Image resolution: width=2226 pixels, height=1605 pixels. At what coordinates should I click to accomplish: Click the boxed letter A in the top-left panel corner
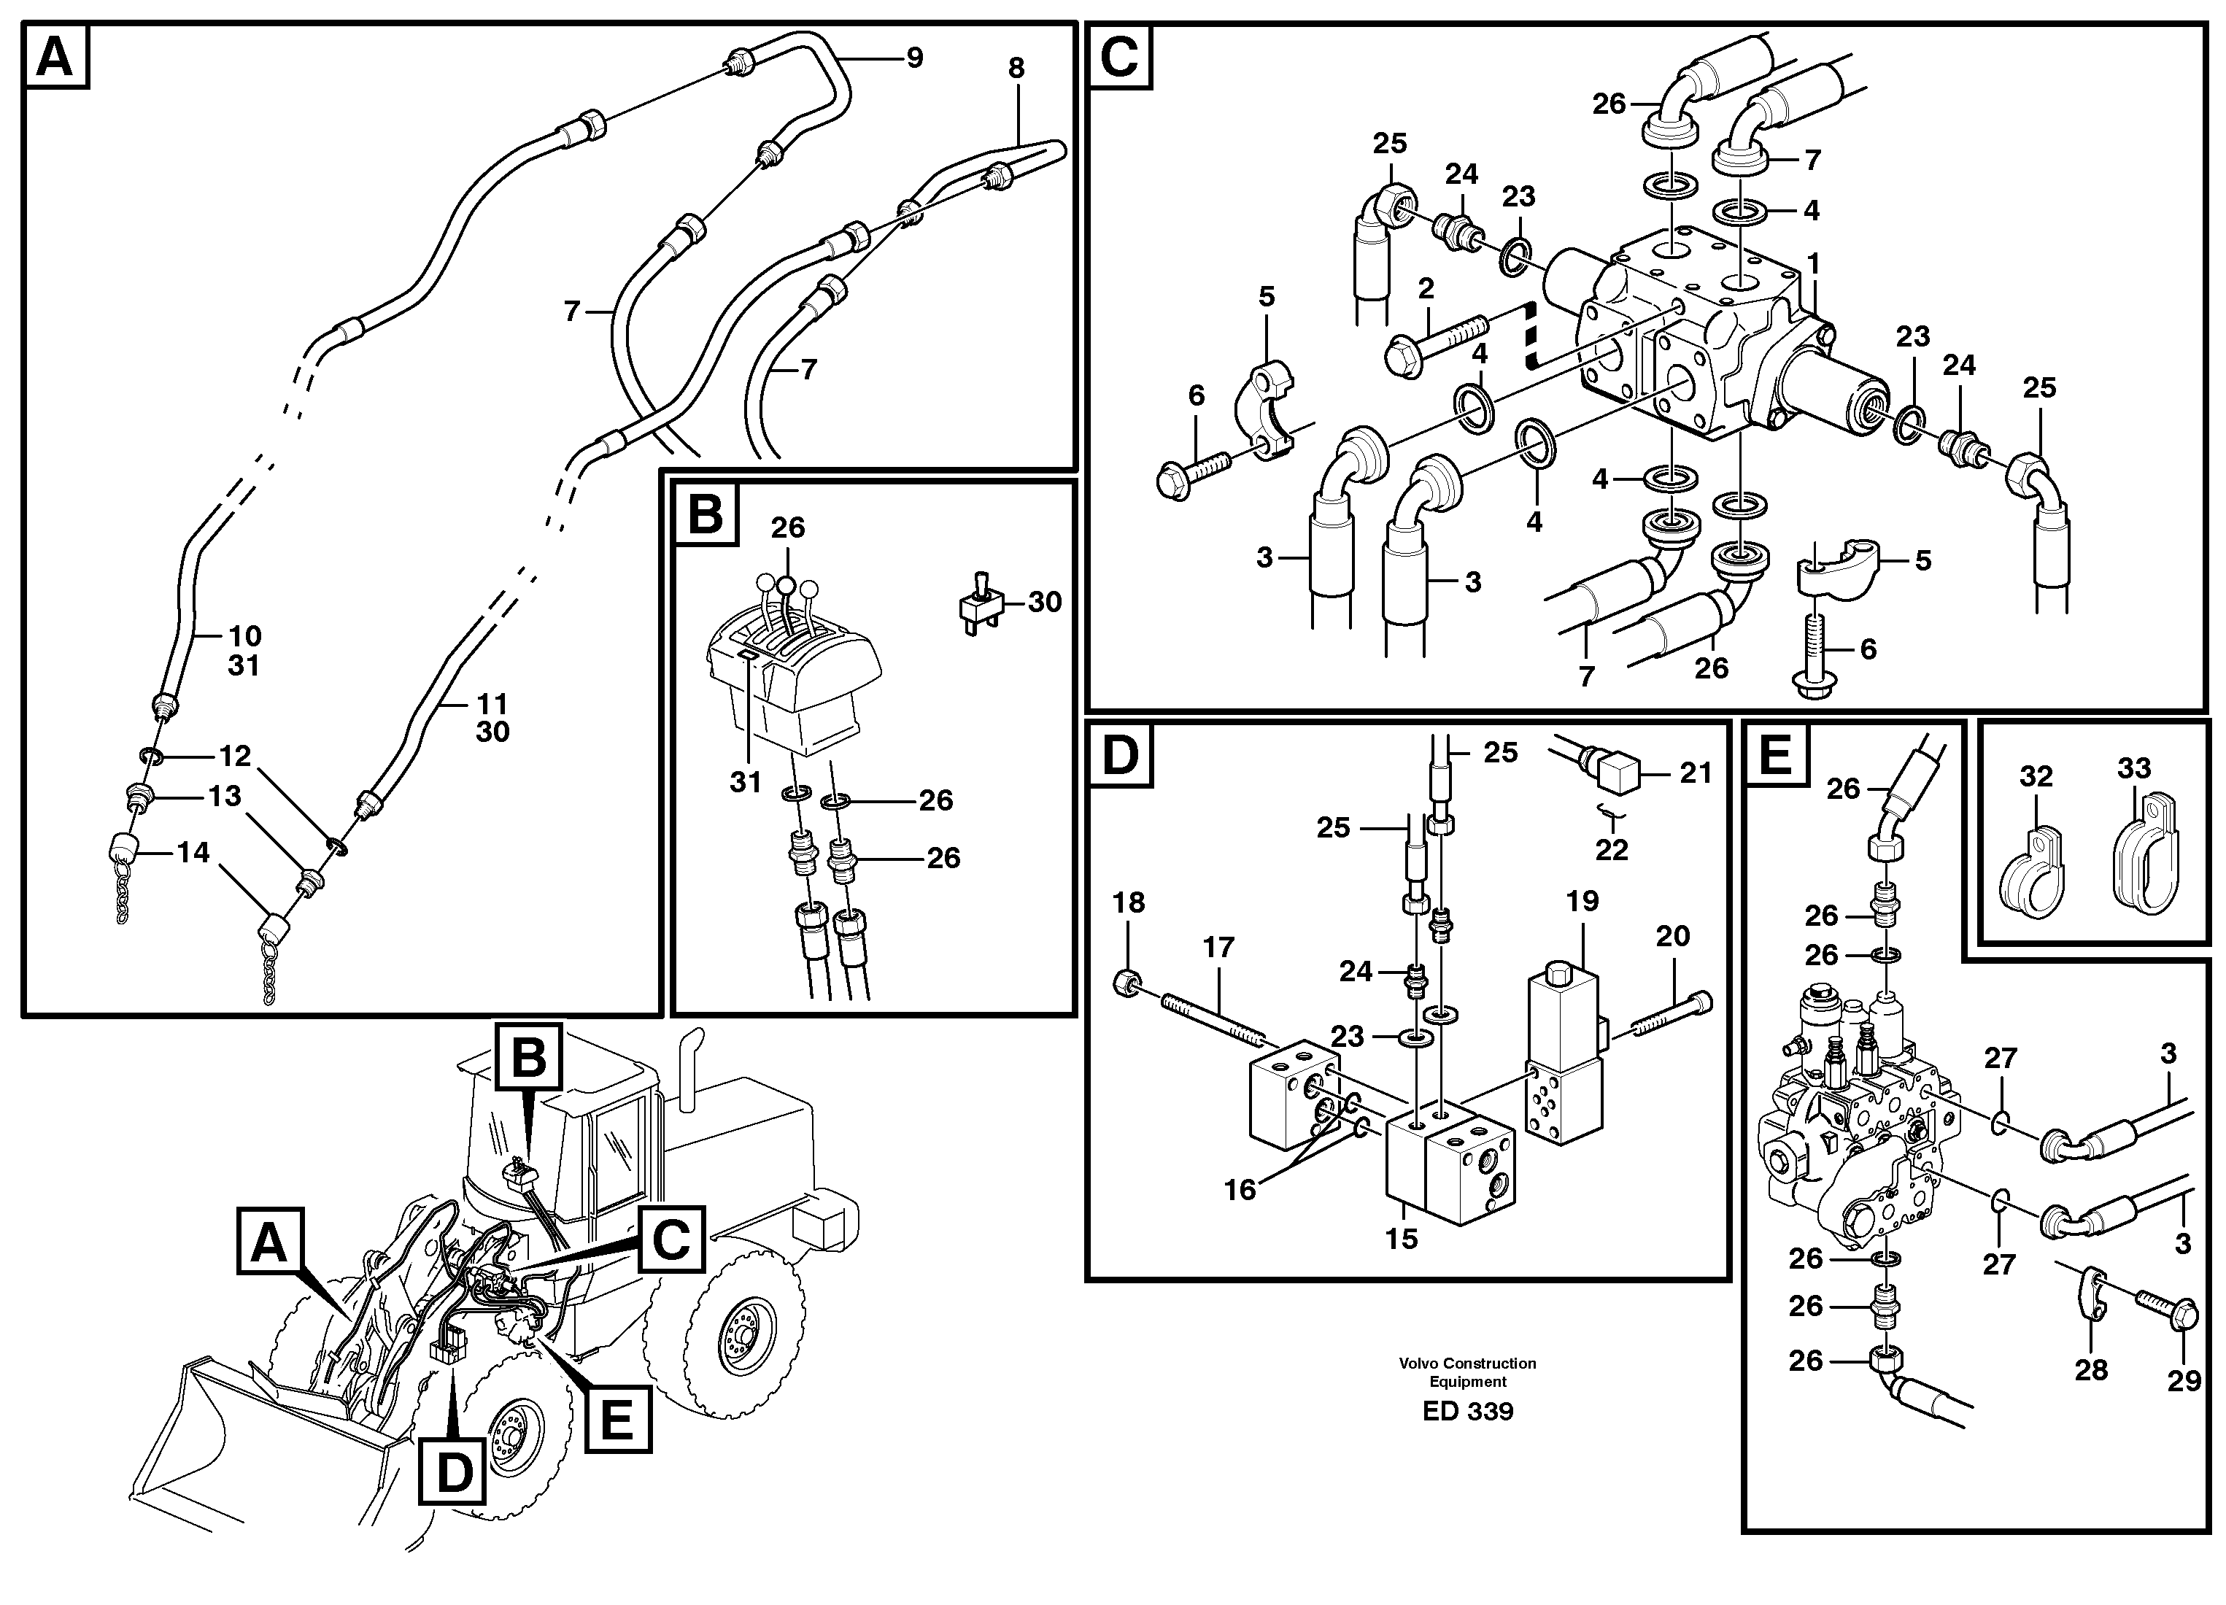pos(55,58)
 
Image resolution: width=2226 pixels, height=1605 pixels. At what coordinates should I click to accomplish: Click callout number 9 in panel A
pos(913,58)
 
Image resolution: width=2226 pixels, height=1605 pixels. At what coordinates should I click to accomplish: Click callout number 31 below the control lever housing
pos(746,782)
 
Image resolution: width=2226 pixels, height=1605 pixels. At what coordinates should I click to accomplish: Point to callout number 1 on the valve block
pos(1814,264)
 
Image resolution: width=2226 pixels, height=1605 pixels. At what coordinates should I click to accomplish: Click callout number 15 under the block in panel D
pos(1402,1239)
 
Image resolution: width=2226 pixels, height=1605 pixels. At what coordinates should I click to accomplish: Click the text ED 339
pos(1467,1412)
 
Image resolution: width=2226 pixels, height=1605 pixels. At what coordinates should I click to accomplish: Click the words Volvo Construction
pos(1467,1363)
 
